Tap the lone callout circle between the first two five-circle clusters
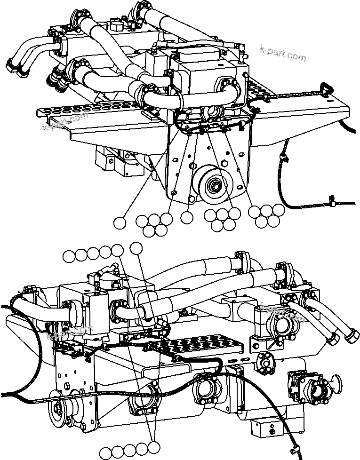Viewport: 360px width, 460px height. coord(187,217)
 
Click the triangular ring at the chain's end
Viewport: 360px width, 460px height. coord(325,88)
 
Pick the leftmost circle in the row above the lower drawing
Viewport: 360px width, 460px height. coord(69,255)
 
